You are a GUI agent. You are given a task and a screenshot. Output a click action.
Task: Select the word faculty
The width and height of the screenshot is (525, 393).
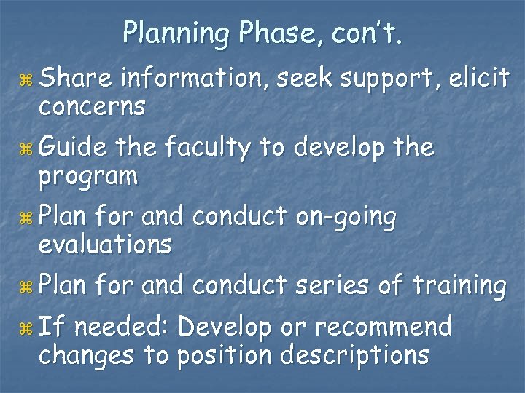click(x=211, y=148)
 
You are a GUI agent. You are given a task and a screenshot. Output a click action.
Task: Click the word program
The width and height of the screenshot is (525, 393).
click(x=88, y=175)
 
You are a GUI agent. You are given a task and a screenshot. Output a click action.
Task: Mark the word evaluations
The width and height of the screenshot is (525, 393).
click(x=105, y=244)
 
